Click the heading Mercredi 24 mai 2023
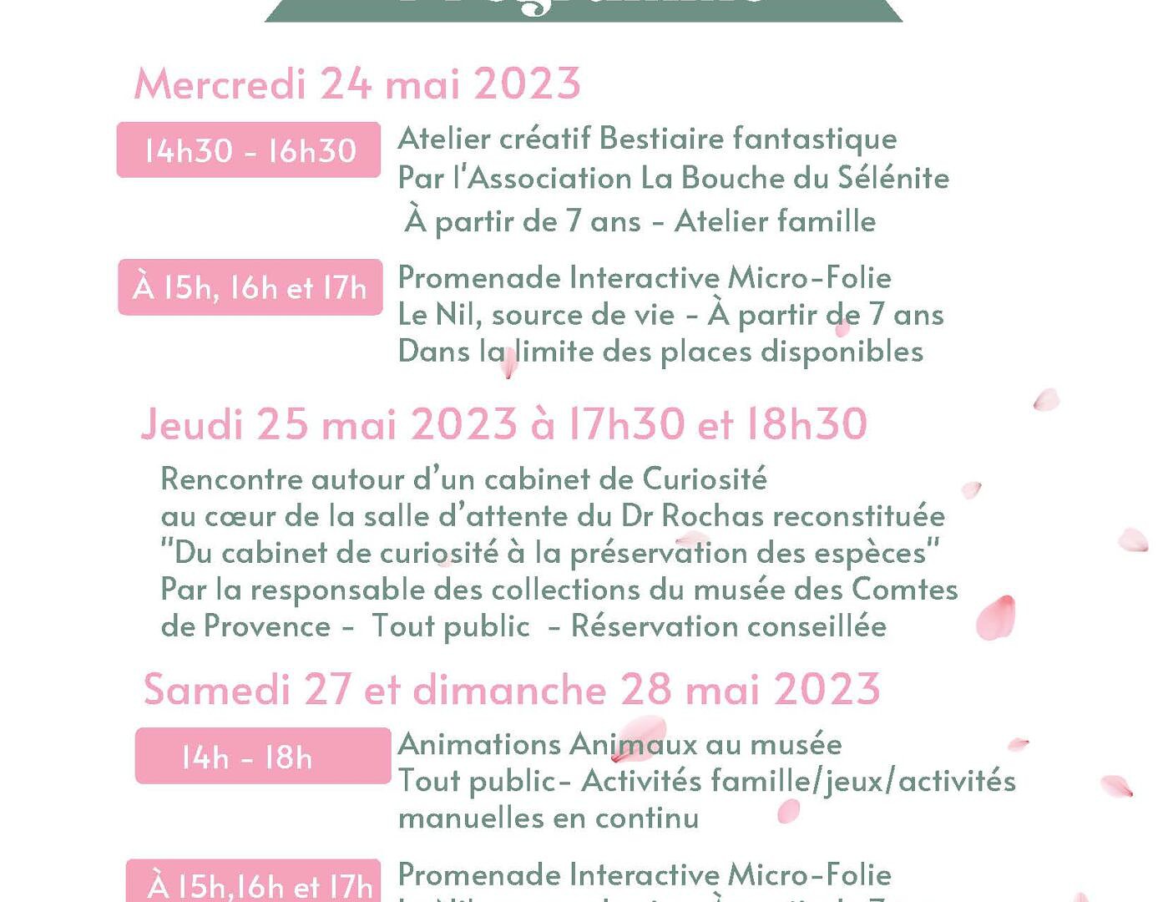(x=356, y=84)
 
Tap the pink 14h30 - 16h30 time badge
(x=249, y=150)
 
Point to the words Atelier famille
(x=775, y=221)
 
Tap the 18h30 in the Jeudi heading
(x=806, y=424)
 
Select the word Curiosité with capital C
(x=705, y=479)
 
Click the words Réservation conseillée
(x=728, y=626)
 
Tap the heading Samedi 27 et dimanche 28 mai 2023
(x=511, y=690)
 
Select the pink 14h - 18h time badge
(x=262, y=757)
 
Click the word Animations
(x=479, y=743)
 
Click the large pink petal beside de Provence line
(x=996, y=617)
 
